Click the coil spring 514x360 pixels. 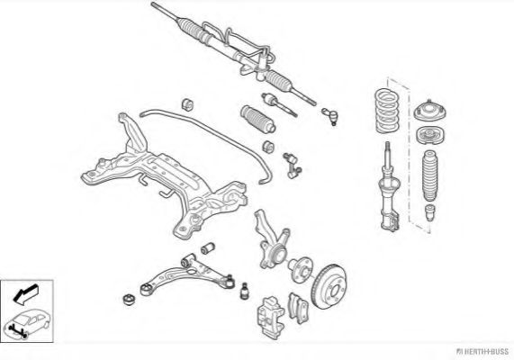[x=387, y=111]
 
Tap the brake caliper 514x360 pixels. [x=270, y=317]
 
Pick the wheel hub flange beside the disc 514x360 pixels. [x=301, y=269]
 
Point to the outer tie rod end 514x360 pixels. [x=329, y=116]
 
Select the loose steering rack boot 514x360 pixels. [x=257, y=120]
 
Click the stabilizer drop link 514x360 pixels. [x=292, y=166]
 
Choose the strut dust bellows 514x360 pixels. [x=429, y=175]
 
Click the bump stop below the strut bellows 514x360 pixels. [x=429, y=212]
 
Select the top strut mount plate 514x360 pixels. [x=429, y=111]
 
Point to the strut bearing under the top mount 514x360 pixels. [x=430, y=135]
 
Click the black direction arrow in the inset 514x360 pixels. [x=25, y=294]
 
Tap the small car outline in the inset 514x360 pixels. [x=26, y=323]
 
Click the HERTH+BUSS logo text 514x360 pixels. [x=482, y=351]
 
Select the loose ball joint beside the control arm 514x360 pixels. [x=245, y=291]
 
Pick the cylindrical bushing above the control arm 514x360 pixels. [x=208, y=248]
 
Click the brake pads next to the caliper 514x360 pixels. [x=298, y=308]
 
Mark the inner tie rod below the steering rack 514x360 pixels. [x=279, y=104]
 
